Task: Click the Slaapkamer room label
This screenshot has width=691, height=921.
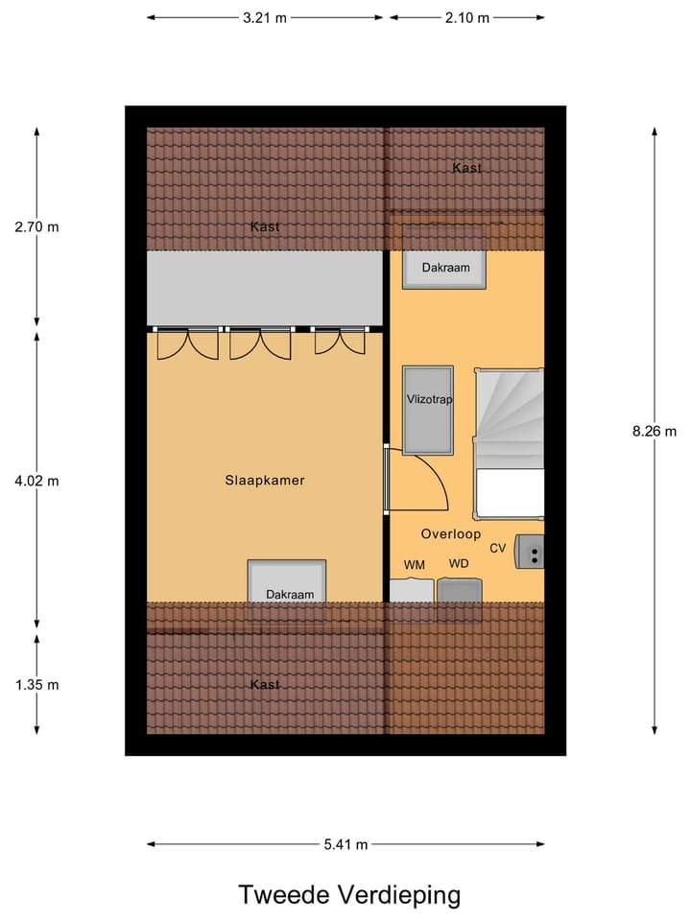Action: tap(264, 481)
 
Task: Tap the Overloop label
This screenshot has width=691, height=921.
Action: tap(450, 534)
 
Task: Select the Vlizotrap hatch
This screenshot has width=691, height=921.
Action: tap(427, 410)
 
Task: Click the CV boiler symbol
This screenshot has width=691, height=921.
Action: tap(530, 552)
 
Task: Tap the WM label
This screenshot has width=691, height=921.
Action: tap(414, 564)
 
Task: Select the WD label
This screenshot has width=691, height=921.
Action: tap(459, 563)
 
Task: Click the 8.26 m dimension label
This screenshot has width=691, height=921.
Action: tap(655, 431)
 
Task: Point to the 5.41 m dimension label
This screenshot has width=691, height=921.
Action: tap(345, 844)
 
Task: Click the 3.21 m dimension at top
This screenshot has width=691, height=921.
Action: tap(264, 17)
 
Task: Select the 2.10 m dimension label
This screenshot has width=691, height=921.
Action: tap(466, 17)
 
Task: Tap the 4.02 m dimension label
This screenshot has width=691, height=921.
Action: tap(36, 481)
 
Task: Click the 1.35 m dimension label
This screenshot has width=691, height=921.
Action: tap(36, 685)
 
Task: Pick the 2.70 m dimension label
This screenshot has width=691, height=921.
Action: tap(36, 227)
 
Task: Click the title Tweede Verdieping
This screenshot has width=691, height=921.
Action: tap(349, 895)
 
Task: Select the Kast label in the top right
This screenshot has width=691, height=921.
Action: tap(466, 168)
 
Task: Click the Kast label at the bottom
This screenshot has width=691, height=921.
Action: tap(265, 684)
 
